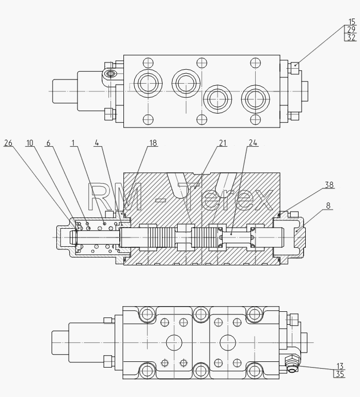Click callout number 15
(x=352, y=22)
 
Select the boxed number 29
(x=351, y=29)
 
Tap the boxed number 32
(x=351, y=37)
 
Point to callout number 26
(x=8, y=143)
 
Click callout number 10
(x=30, y=143)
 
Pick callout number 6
(x=49, y=143)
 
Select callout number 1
(x=73, y=143)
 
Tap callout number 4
(x=97, y=143)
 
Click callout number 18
(x=153, y=143)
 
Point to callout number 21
(x=223, y=143)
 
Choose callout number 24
(x=253, y=143)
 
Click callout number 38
(x=329, y=185)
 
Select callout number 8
(x=328, y=205)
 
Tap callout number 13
(x=340, y=366)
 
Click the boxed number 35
(x=340, y=374)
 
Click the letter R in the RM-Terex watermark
(x=99, y=197)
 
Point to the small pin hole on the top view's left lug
(x=111, y=74)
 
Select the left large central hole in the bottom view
(x=174, y=342)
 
